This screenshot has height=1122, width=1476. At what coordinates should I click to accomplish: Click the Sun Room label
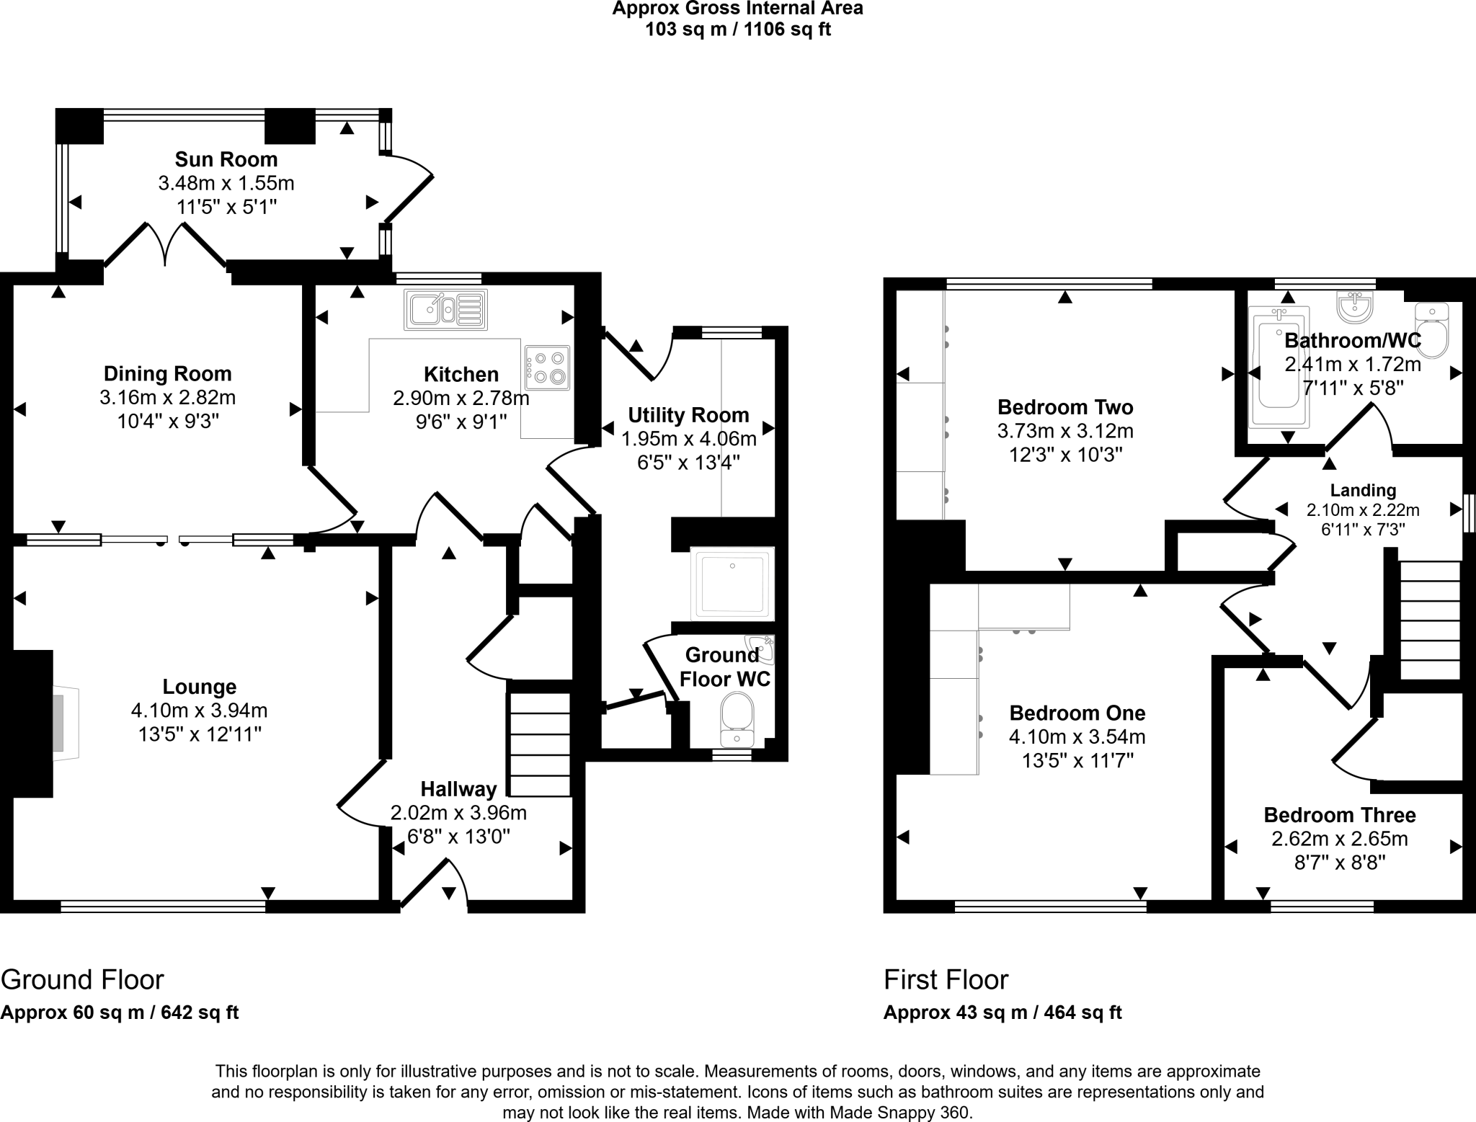tap(226, 159)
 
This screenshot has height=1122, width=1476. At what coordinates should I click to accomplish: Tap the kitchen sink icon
tap(445, 309)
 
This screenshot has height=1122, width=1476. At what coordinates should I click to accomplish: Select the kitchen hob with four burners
tap(548, 368)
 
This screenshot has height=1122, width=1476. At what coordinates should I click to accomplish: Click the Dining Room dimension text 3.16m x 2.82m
tap(168, 397)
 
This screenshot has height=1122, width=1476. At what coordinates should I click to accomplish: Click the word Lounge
tap(199, 687)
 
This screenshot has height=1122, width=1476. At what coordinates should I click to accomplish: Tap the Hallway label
tap(458, 789)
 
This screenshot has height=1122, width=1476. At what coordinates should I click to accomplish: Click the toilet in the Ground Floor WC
tap(737, 719)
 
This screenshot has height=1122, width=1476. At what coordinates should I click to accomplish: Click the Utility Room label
tap(688, 415)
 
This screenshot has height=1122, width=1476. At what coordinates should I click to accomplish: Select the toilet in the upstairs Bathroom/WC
tap(1431, 331)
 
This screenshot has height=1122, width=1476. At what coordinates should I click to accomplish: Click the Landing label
tap(1363, 491)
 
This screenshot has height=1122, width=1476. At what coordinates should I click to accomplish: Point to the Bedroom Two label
tap(1065, 407)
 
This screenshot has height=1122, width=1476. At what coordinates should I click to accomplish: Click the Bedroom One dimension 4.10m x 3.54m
tap(1077, 737)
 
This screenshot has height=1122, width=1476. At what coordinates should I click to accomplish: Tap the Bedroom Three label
tap(1339, 815)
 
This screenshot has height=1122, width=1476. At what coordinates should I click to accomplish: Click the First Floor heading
tap(946, 980)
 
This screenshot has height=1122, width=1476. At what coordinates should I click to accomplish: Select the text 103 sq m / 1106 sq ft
tap(737, 30)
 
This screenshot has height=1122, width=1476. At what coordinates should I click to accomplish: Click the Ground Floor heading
tap(82, 980)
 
